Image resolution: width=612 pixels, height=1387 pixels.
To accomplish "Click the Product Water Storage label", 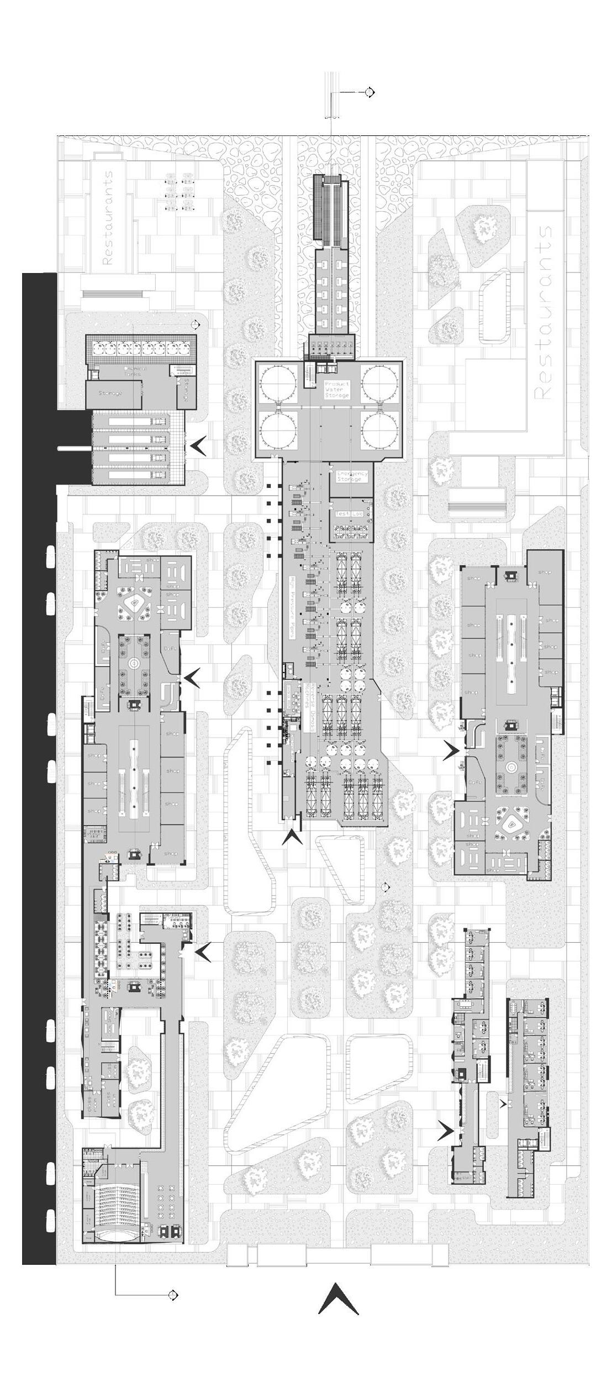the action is pyautogui.click(x=336, y=389).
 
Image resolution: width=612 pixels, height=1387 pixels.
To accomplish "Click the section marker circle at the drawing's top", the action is pyautogui.click(x=370, y=92).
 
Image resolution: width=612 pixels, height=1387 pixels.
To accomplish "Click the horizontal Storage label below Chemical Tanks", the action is pyautogui.click(x=110, y=393).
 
